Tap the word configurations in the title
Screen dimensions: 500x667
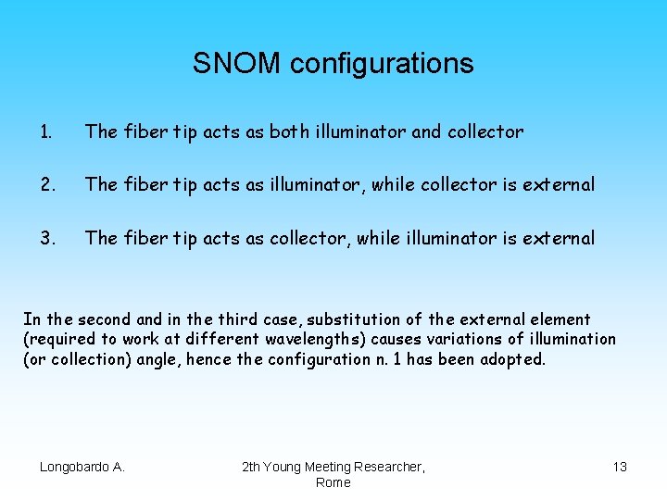[x=382, y=64]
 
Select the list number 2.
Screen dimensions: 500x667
[x=45, y=185]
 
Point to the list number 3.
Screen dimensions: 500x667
[x=45, y=238]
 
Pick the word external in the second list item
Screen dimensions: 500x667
[x=559, y=185]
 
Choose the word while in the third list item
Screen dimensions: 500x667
[x=375, y=238]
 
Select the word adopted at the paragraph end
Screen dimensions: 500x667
[x=512, y=358]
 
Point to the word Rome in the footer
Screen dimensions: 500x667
[x=333, y=482]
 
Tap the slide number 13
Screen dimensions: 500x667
[x=620, y=467]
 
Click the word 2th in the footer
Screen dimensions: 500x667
[x=252, y=467]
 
